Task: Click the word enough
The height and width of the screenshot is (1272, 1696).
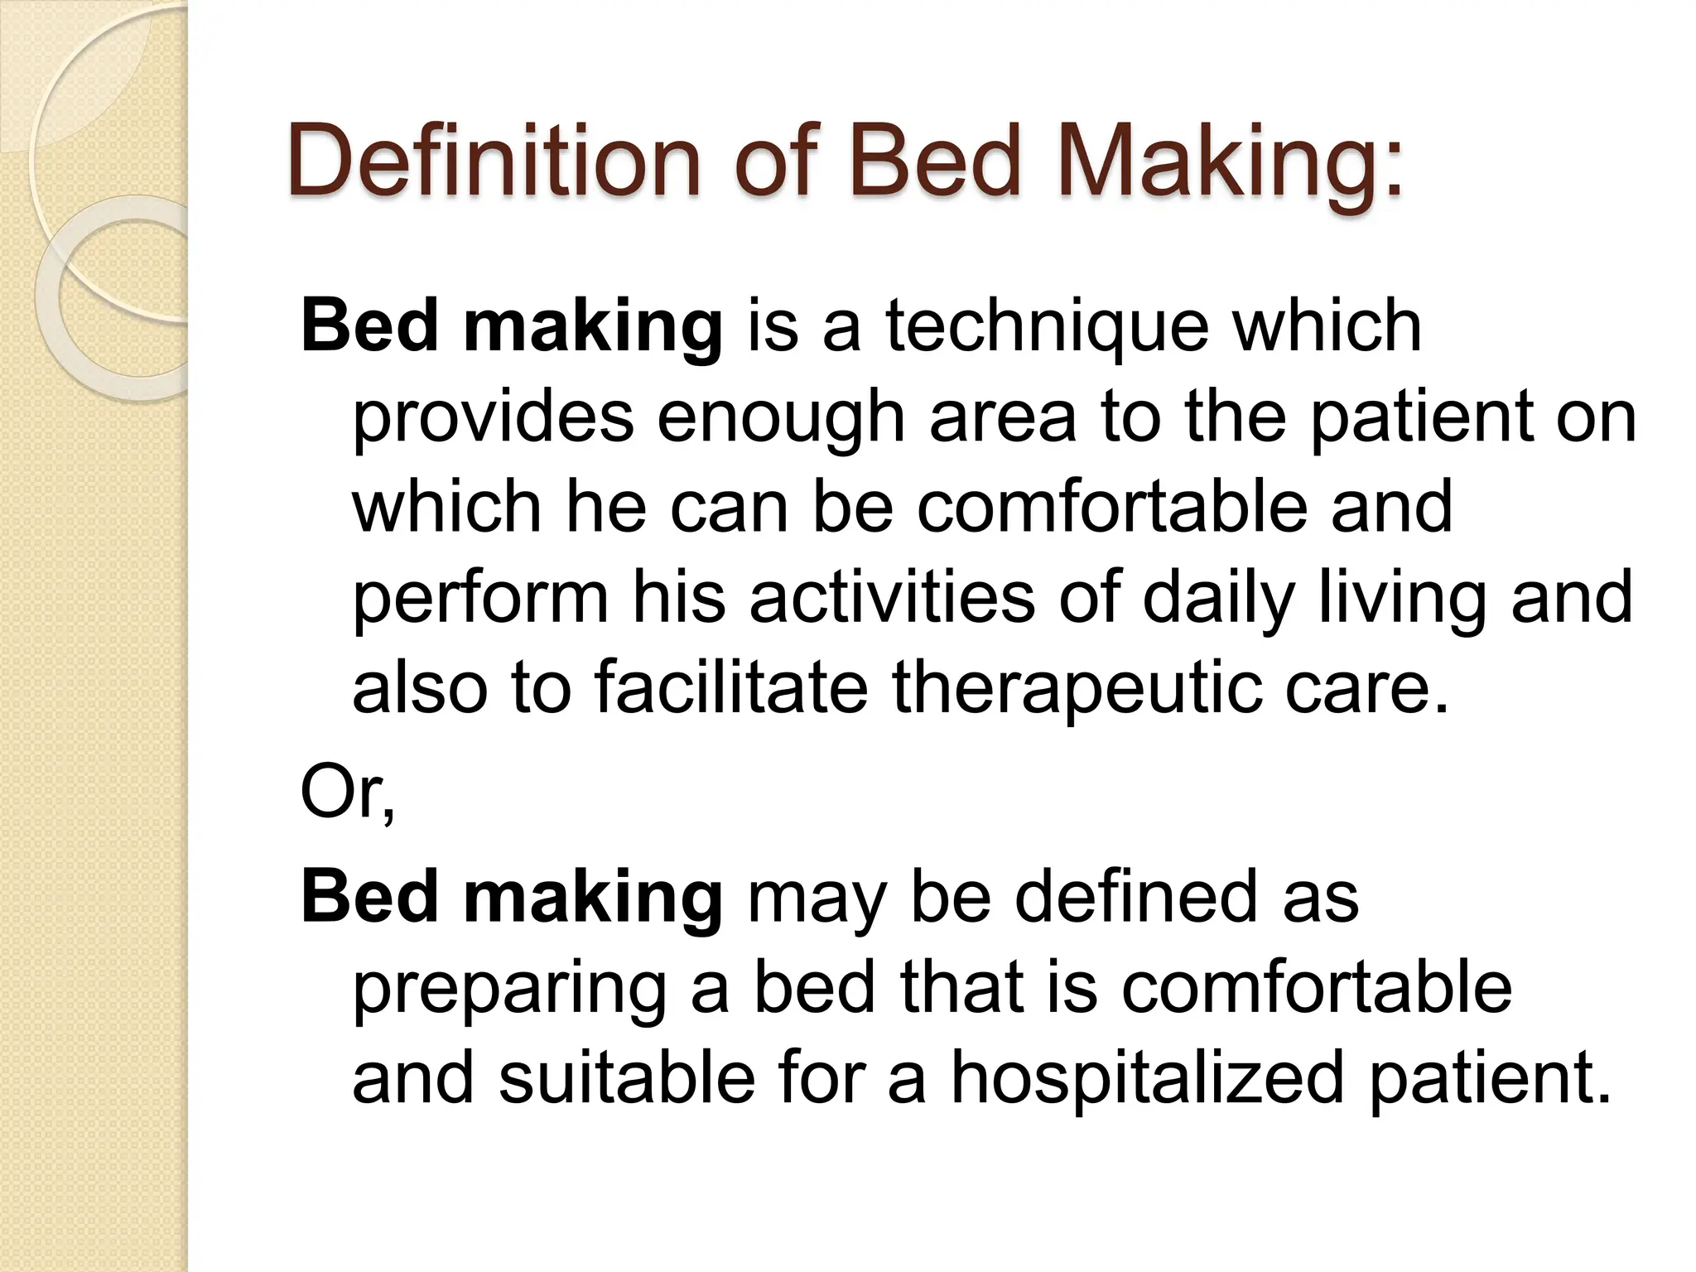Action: click(781, 417)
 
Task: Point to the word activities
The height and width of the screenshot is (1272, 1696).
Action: click(892, 597)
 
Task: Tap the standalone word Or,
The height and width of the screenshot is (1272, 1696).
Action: click(348, 793)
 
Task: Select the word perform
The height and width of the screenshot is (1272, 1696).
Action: click(480, 597)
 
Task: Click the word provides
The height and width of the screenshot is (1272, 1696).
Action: click(493, 417)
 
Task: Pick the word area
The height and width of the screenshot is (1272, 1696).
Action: click(1002, 417)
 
